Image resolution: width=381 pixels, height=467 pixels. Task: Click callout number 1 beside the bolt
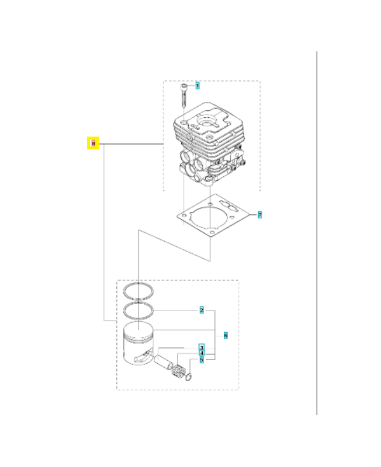pyautogui.click(x=198, y=85)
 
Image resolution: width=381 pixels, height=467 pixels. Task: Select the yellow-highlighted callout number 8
pyautogui.click(x=92, y=143)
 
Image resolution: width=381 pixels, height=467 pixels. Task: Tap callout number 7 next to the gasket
pyautogui.click(x=259, y=215)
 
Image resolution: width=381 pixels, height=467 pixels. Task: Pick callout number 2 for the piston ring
pyautogui.click(x=202, y=310)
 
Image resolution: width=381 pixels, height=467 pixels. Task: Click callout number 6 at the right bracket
pyautogui.click(x=226, y=336)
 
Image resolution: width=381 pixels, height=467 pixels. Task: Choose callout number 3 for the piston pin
pyautogui.click(x=202, y=347)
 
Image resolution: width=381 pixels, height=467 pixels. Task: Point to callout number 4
pyautogui.click(x=202, y=353)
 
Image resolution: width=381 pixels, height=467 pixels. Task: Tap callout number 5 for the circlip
pyautogui.click(x=202, y=360)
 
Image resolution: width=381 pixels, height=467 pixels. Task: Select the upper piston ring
pyautogui.click(x=141, y=290)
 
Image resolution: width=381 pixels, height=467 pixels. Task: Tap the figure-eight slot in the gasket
pyautogui.click(x=229, y=207)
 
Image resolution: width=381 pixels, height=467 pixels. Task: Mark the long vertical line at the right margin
pyautogui.click(x=317, y=233)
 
